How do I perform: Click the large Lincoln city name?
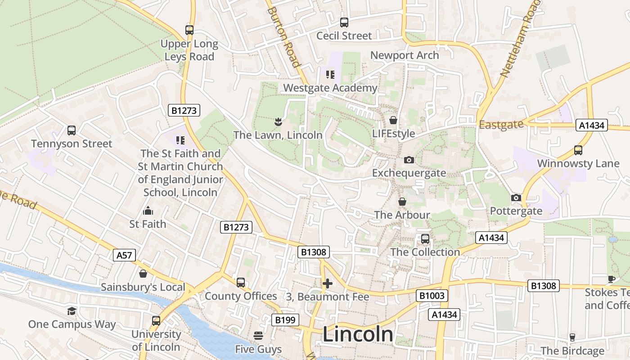358,334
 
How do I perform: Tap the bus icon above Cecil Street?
344,22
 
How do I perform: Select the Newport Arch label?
404,55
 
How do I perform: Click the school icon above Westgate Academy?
330,74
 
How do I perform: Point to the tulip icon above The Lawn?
278,121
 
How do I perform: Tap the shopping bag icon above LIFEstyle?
393,120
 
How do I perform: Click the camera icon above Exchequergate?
409,160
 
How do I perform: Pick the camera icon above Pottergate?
516,198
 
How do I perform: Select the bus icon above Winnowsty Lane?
578,150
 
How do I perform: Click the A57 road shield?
124,256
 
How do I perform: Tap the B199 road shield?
285,320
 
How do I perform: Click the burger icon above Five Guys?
258,336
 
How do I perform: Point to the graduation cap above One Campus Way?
72,311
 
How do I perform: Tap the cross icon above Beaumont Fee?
328,283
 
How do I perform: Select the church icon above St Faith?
148,211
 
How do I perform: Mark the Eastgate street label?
501,125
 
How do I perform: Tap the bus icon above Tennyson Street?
72,130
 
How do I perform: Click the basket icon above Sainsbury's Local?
143,274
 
